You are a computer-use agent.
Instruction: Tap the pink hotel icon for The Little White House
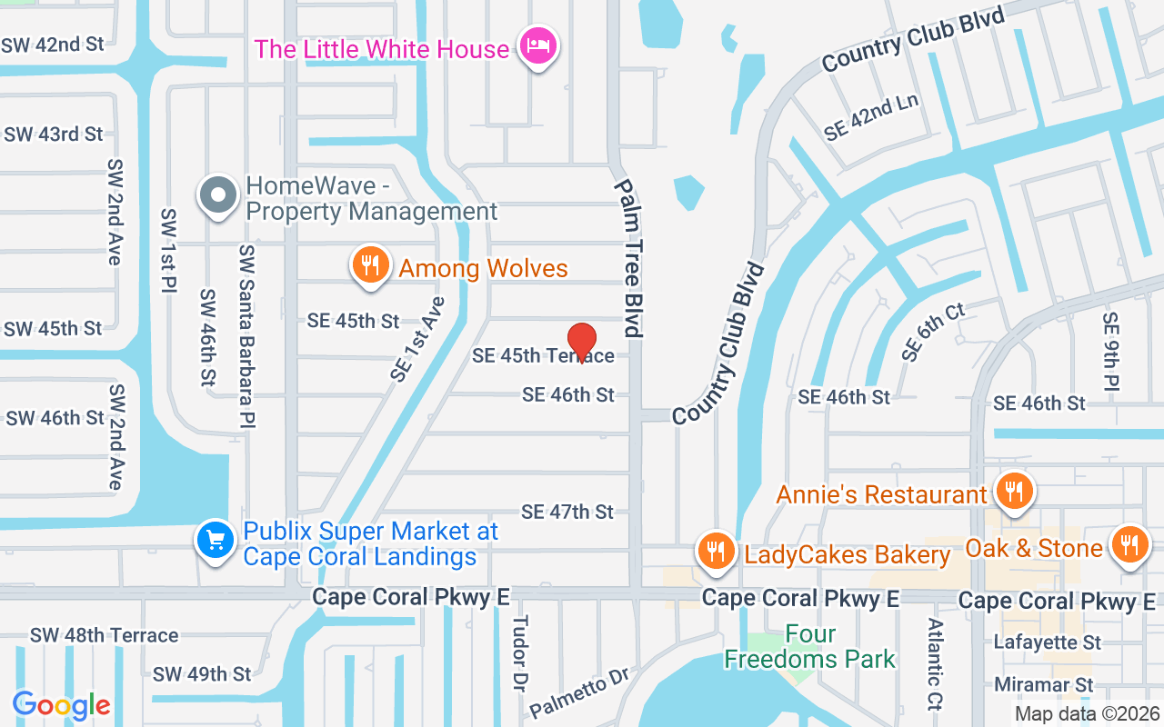coord(537,46)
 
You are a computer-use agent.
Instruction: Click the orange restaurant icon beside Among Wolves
coord(369,265)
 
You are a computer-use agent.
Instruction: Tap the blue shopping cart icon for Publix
coord(216,541)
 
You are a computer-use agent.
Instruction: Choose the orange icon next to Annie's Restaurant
coord(1011,492)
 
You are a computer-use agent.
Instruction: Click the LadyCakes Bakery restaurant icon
coord(717,552)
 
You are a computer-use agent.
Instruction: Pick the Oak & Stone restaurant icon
coord(1129,545)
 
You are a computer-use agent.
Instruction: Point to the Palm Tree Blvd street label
coord(628,257)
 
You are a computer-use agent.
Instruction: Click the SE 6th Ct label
coord(932,333)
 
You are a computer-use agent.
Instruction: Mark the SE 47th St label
coord(567,512)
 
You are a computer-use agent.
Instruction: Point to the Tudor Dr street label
coord(520,653)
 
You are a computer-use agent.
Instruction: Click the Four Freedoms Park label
coord(809,646)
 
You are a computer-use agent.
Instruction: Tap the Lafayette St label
coord(1048,642)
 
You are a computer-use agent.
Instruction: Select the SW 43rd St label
coord(53,134)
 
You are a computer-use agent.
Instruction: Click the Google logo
coord(61,704)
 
